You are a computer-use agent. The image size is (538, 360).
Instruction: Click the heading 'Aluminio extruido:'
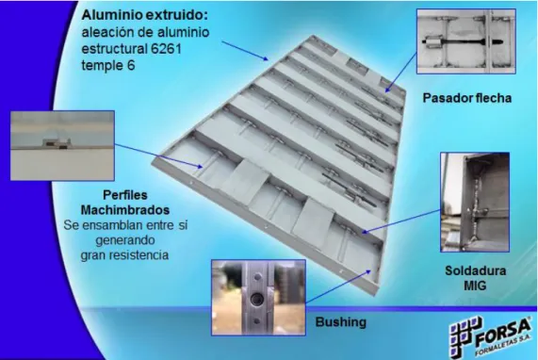pyautogui.click(x=145, y=15)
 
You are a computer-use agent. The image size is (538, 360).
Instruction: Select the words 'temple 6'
pyautogui.click(x=108, y=65)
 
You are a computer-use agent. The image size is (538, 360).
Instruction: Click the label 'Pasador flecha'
pyautogui.click(x=467, y=98)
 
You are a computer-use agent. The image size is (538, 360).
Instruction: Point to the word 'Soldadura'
pyautogui.click(x=476, y=270)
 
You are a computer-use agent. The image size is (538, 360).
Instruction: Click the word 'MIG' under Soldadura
pyautogui.click(x=475, y=286)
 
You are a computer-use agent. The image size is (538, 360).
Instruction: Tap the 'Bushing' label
pyautogui.click(x=341, y=322)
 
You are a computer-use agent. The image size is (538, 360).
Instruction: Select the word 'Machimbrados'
pyautogui.click(x=125, y=210)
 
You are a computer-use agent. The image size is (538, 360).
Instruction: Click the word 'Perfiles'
pyautogui.click(x=125, y=195)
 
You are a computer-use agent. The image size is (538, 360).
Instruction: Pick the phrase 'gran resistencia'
pyautogui.click(x=124, y=255)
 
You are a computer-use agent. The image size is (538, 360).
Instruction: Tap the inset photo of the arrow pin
pyautogui.click(x=466, y=41)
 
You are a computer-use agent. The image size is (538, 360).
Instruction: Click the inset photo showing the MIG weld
pyautogui.click(x=475, y=202)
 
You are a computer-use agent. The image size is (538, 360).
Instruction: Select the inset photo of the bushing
pyautogui.click(x=258, y=298)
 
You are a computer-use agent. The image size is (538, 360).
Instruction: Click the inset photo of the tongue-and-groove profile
pyautogui.click(x=62, y=145)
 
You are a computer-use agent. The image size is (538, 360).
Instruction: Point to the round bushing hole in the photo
pyautogui.click(x=255, y=300)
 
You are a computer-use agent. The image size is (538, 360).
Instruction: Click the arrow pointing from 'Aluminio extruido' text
pyautogui.click(x=245, y=51)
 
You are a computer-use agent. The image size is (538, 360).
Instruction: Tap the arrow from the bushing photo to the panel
pyautogui.click(x=338, y=286)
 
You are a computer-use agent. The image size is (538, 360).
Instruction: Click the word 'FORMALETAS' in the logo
pyautogui.click(x=501, y=348)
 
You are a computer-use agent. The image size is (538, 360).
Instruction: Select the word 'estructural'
pyautogui.click(x=114, y=49)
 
